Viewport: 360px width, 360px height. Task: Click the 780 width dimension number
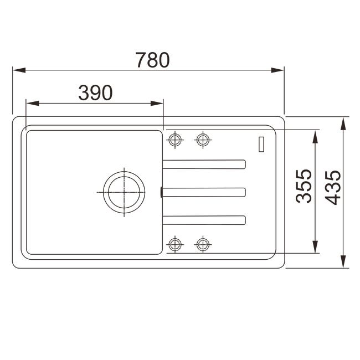152,60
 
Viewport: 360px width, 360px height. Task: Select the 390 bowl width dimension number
95,92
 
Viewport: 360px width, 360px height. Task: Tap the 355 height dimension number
304,186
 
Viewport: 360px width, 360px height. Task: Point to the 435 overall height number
333,188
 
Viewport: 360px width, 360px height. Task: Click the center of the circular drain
124,192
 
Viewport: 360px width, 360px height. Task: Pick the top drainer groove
204,164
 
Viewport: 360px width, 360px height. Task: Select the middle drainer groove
204,192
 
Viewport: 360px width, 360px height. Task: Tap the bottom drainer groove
204,220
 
